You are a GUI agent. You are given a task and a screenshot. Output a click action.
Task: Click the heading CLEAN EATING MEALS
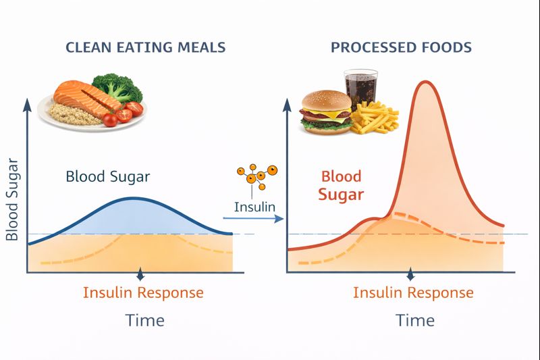click(145, 47)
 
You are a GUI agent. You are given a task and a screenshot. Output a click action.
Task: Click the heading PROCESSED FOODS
click(400, 47)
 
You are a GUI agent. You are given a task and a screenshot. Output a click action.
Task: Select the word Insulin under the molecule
click(254, 206)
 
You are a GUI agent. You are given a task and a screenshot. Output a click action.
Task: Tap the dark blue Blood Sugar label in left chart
click(108, 177)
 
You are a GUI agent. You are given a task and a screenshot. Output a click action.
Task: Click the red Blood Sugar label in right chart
click(342, 186)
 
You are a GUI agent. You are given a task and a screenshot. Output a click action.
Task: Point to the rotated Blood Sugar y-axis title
click(11, 201)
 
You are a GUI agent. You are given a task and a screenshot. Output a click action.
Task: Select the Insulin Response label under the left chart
click(143, 292)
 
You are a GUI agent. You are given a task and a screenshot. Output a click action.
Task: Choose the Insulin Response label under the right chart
click(413, 292)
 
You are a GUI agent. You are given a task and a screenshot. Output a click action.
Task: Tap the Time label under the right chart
click(414, 319)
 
